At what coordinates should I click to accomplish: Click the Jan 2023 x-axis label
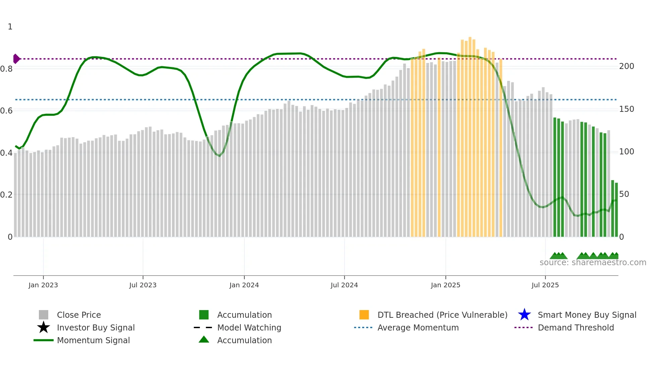(43, 285)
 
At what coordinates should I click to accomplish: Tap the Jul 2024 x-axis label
(344, 285)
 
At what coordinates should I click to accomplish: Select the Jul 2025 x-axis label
(545, 285)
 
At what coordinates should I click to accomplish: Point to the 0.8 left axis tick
(6, 69)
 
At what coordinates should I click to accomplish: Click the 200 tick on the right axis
(626, 66)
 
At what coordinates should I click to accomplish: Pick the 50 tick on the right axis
(624, 194)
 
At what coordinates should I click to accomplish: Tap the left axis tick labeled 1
(10, 27)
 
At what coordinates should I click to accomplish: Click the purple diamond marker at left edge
(16, 59)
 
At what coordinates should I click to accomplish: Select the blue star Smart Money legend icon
(524, 315)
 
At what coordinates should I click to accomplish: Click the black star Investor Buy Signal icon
(44, 327)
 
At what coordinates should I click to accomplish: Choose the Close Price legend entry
(79, 315)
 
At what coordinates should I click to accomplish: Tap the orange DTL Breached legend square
(364, 315)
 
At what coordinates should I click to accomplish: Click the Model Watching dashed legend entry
(249, 327)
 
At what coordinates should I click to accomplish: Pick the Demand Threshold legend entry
(576, 327)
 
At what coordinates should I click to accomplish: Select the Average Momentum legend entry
(418, 327)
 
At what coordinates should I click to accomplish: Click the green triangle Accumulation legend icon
(204, 340)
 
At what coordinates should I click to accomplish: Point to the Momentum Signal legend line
(44, 340)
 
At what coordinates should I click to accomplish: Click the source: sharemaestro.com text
(593, 263)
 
